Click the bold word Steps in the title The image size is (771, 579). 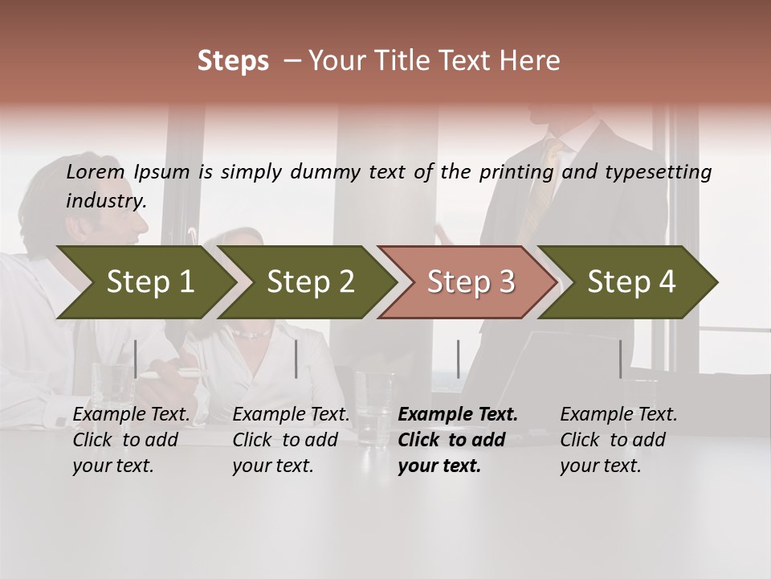[233, 61]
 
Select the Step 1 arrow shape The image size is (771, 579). [145, 282]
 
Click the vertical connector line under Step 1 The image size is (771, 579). [136, 359]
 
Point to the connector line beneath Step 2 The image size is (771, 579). [296, 359]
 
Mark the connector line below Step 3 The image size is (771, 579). [458, 359]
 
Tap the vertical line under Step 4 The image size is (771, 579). [620, 359]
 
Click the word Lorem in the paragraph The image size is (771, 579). [96, 171]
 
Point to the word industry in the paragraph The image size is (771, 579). [106, 201]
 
